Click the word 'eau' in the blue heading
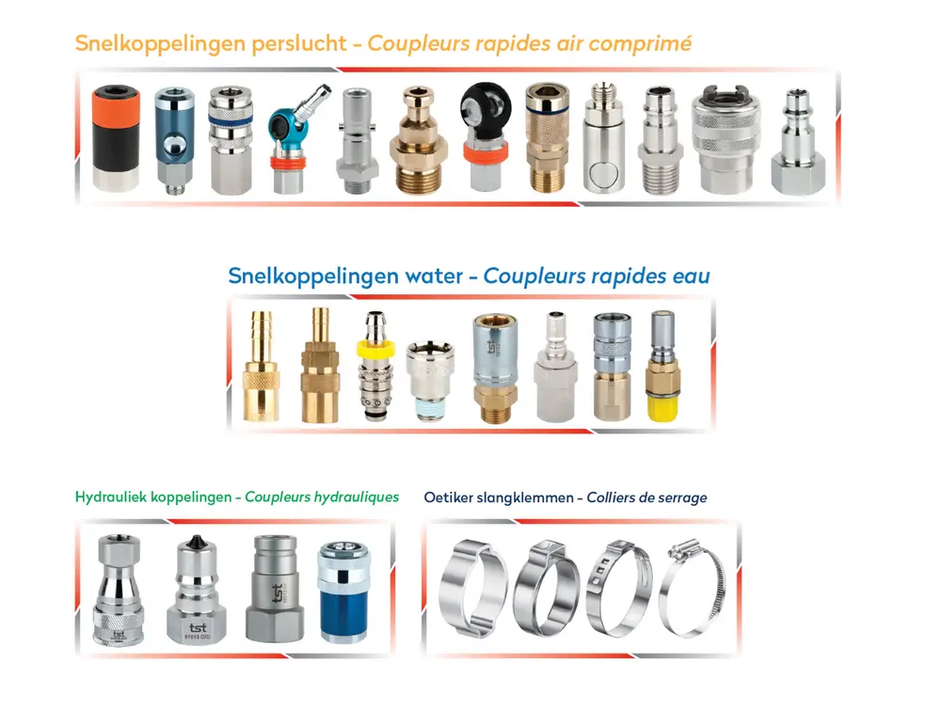point(690,276)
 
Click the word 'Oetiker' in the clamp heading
point(449,497)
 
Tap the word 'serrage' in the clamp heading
point(679,497)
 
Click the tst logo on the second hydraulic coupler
point(199,624)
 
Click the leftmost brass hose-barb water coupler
point(257,367)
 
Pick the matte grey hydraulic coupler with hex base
point(274,588)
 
